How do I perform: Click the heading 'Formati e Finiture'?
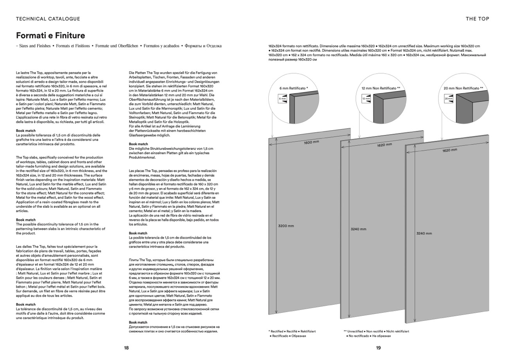tap(50, 36)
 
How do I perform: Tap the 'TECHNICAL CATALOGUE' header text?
tap(48, 19)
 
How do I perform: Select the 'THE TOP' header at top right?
tap(477, 19)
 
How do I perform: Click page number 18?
tap(126, 348)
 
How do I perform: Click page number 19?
tap(378, 348)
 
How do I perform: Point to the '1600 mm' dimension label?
tap(311, 142)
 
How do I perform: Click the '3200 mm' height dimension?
tap(286, 226)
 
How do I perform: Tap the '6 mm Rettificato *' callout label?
tap(294, 88)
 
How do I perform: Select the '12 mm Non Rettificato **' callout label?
tap(381, 88)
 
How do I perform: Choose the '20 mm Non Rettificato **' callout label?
tap(464, 88)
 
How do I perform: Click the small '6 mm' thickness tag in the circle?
tap(282, 99)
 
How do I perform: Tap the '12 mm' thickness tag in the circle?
tap(366, 99)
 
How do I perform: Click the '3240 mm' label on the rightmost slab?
tap(424, 234)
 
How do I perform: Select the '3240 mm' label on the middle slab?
tap(358, 229)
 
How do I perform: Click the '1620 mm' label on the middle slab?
tap(385, 145)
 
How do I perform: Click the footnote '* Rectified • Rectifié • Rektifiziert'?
tap(292, 331)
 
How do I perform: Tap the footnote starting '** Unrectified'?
tap(376, 331)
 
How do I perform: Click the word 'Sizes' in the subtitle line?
tap(25, 46)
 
